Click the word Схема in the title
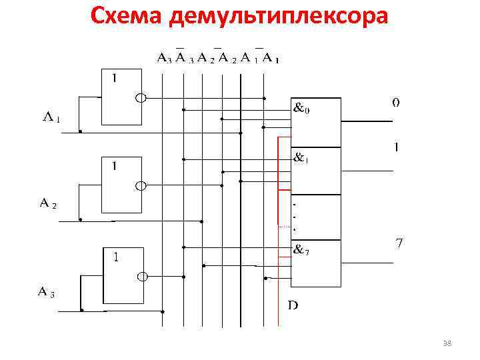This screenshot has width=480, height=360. coord(127,15)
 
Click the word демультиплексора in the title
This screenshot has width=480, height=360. coord(279,17)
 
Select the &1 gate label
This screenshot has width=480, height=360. coord(302,159)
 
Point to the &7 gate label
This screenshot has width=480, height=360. coord(302,251)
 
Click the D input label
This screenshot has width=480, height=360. coord(293,305)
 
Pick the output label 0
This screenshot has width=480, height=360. coord(396,103)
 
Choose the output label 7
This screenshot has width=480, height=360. coord(399,243)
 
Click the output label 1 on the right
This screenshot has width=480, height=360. coord(397,147)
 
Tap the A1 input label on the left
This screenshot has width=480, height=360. coord(51,119)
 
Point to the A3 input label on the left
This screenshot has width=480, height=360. coord(46,291)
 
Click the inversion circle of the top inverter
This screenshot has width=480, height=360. coord(141,99)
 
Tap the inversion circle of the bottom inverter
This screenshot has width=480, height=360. coord(141,276)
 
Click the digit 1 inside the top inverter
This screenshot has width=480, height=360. coord(115,78)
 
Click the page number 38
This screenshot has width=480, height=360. coord(447,343)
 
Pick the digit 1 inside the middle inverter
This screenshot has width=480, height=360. coord(115,166)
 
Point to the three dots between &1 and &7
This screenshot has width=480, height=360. coord(295,215)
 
